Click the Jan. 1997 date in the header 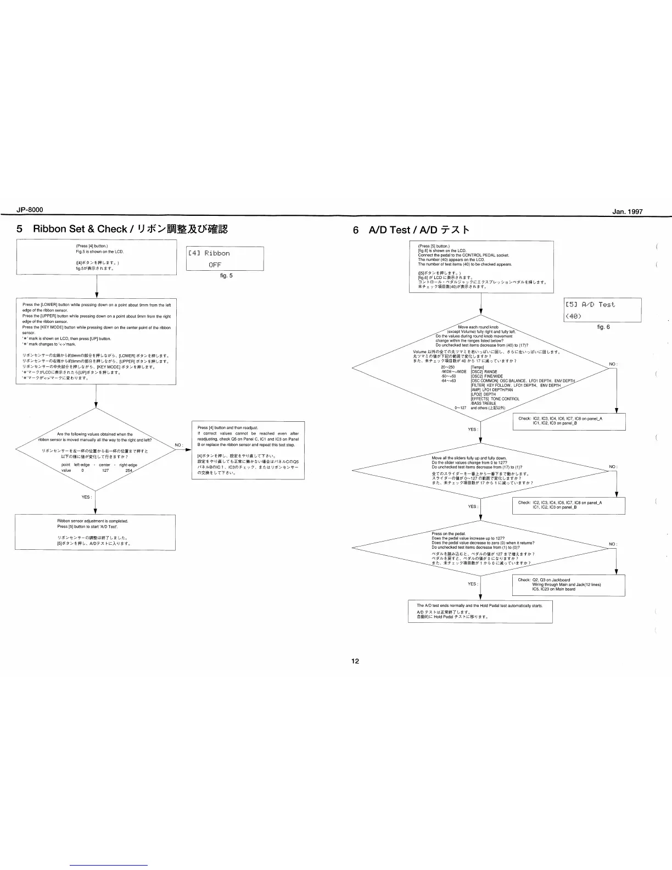click(627, 211)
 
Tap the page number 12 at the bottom click(355, 661)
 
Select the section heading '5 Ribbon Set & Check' click(122, 229)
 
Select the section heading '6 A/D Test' click(411, 230)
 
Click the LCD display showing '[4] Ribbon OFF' click(225, 259)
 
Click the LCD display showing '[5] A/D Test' click(602, 310)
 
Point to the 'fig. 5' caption click(226, 276)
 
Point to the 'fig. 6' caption click(603, 327)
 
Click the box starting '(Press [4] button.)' click(97, 257)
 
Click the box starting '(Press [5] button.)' click(481, 266)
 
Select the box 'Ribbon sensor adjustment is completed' click(95, 532)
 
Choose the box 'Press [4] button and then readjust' click(248, 450)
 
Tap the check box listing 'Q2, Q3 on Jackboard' click(568, 585)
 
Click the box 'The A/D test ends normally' click(480, 611)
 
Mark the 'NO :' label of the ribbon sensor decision click(179, 445)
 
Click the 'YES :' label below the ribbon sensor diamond click(87, 497)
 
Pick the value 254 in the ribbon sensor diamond click(129, 471)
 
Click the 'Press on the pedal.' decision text click(449, 534)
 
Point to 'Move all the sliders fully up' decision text click(469, 458)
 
